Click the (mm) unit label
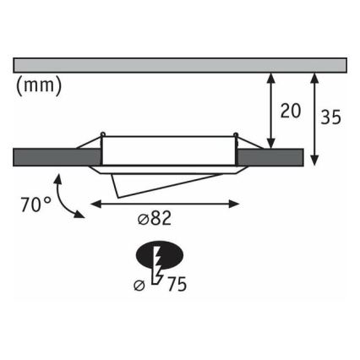pyautogui.click(x=39, y=86)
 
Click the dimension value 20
pyautogui.click(x=291, y=111)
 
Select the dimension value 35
pyautogui.click(x=331, y=117)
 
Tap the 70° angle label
pyautogui.click(x=36, y=205)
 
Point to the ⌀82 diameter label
pyautogui.click(x=155, y=218)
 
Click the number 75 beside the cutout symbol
pyautogui.click(x=177, y=284)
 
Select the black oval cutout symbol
pyautogui.click(x=160, y=255)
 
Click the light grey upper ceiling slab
pyautogui.click(x=180, y=65)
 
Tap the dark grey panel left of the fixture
pyautogui.click(x=57, y=157)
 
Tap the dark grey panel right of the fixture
pyautogui.click(x=270, y=157)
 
